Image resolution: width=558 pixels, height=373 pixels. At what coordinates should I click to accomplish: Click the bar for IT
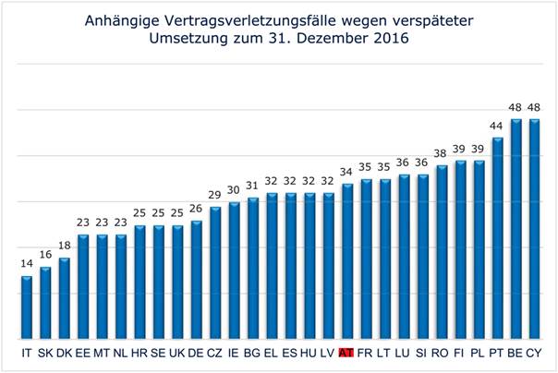pos(27,307)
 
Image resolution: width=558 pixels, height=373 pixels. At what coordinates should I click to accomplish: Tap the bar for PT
pos(497,237)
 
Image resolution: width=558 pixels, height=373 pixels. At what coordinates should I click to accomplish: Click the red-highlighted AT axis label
pos(346,353)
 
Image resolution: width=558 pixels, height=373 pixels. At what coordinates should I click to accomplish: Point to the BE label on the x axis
pos(516,353)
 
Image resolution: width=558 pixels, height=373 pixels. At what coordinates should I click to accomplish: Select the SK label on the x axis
pos(45,353)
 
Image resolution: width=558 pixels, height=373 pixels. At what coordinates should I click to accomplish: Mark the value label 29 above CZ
pos(214,197)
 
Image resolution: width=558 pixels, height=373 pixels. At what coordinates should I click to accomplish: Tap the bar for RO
pos(441,251)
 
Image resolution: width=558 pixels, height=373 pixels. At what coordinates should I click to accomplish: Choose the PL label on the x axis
pos(478,353)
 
